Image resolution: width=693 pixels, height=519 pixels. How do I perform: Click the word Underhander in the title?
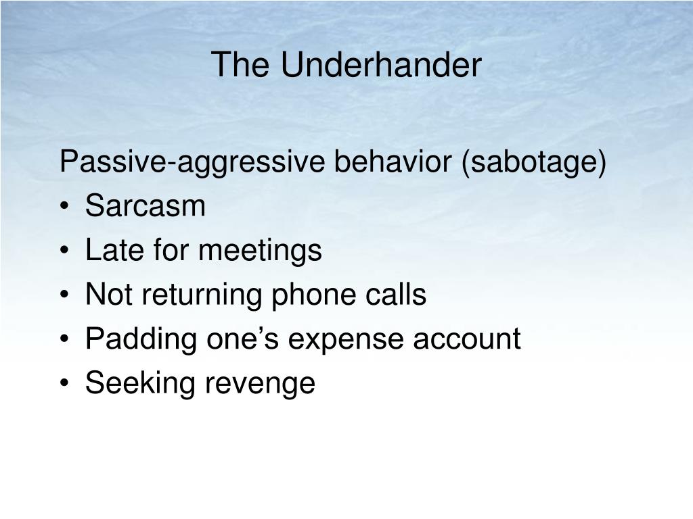(382, 66)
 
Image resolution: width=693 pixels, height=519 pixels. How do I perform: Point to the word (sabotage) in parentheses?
(534, 163)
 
